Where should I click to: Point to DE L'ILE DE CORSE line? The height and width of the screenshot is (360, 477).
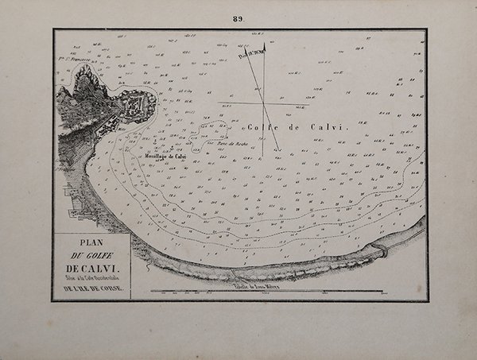[x=91, y=289]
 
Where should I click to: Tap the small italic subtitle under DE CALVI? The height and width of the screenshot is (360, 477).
[x=91, y=279]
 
